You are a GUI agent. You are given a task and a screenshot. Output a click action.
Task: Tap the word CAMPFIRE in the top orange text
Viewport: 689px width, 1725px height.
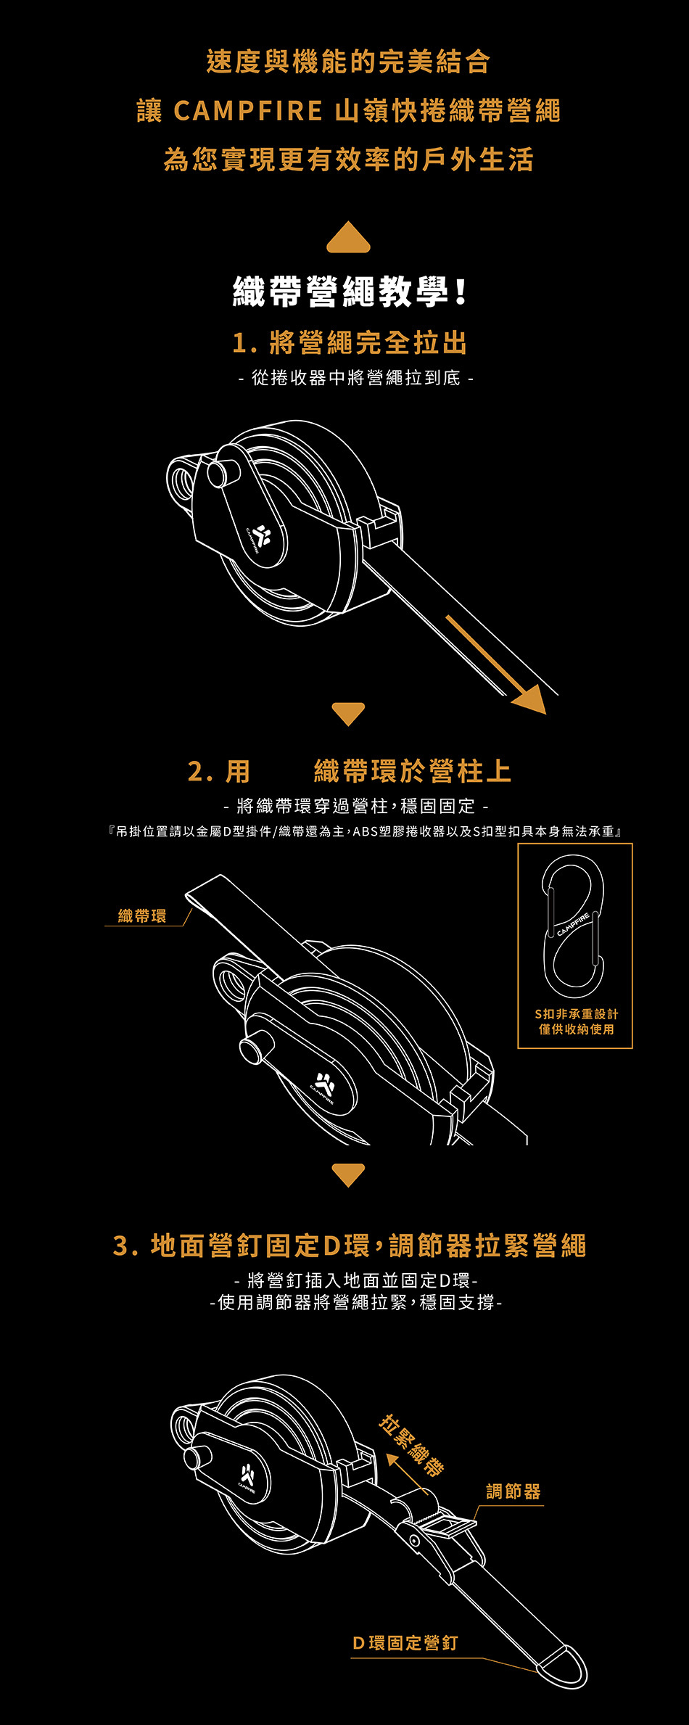pos(248,111)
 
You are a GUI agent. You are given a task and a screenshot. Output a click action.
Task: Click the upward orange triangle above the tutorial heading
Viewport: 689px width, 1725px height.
pos(348,238)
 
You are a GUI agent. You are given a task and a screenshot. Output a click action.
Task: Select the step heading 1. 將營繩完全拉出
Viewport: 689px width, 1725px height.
pos(350,343)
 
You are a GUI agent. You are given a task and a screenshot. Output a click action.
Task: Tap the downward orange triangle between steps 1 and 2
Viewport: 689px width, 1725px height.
pos(348,713)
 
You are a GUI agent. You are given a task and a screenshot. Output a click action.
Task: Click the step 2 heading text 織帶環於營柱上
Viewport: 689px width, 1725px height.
pos(412,771)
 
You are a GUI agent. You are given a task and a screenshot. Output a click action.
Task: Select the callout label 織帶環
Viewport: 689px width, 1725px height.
pos(142,916)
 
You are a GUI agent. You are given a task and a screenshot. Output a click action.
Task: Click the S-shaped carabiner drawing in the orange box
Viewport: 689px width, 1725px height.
pos(574,925)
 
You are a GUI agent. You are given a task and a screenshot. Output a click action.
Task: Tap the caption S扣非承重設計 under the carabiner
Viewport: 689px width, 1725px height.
pos(576,1014)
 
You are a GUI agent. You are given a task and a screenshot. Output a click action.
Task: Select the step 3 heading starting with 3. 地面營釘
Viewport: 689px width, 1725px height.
pos(350,1246)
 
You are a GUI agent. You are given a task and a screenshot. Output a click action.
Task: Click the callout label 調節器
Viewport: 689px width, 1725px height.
pos(513,1491)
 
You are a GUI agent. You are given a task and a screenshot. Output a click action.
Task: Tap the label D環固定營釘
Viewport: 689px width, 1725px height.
pos(405,1642)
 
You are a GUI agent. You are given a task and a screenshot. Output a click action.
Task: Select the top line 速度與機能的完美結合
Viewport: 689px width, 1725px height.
pos(348,62)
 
